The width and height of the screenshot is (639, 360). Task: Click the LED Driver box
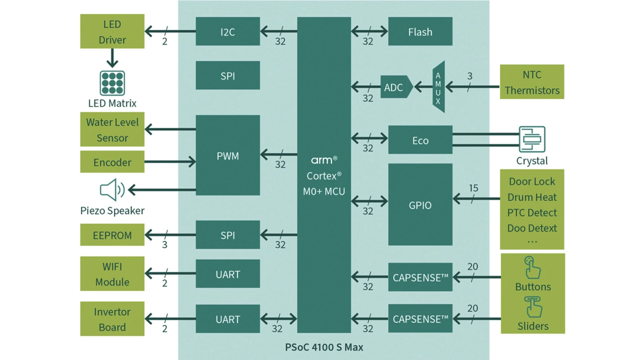point(112,31)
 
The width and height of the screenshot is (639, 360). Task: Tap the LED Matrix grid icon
point(112,83)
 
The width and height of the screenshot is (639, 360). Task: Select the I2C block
point(228,32)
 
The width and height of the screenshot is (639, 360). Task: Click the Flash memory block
point(420,32)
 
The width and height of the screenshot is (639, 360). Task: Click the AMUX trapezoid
point(438,87)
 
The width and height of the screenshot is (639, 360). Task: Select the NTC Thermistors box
point(532,82)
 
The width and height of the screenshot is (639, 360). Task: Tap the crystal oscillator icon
point(532,139)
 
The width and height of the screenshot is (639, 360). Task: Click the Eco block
point(420,140)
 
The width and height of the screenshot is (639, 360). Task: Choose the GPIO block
point(420,205)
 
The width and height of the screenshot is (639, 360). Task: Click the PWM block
point(228,156)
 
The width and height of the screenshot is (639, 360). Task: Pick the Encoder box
point(112,162)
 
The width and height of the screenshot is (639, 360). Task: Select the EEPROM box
point(112,235)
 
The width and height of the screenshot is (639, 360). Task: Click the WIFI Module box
point(112,274)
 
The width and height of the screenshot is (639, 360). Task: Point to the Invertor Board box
point(112,319)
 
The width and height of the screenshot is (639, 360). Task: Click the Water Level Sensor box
point(112,130)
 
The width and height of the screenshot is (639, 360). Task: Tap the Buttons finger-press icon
point(532,268)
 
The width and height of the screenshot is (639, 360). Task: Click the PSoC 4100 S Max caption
point(324,347)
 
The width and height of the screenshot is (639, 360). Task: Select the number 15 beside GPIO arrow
point(473,188)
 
